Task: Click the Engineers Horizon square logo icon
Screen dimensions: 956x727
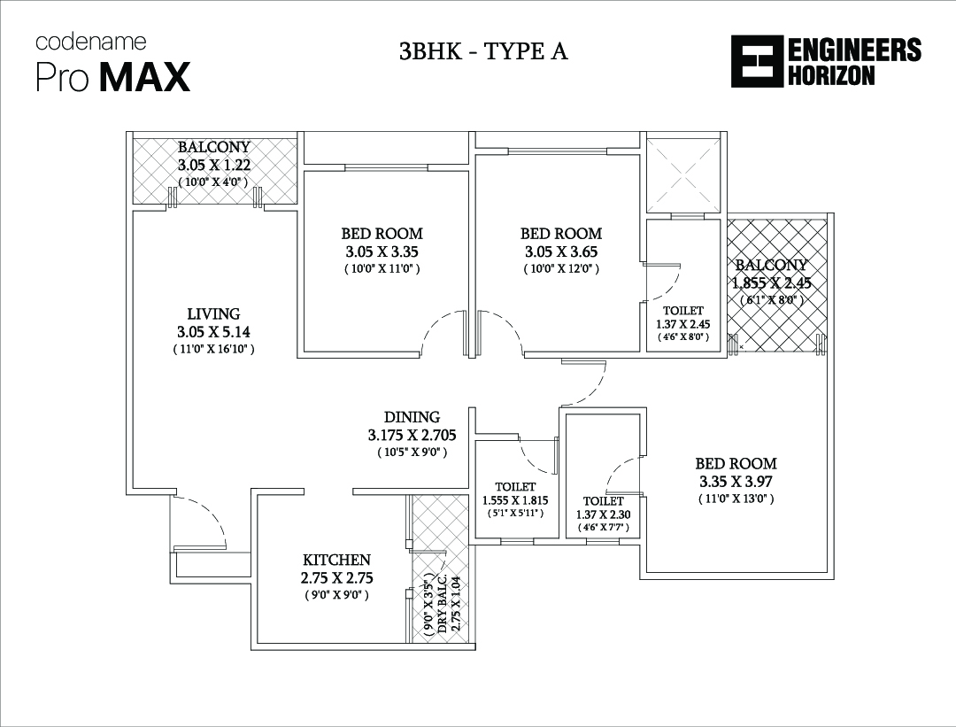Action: pos(757,62)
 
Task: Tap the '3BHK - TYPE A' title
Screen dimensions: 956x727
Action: pos(483,52)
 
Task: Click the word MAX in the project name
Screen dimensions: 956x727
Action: pos(144,77)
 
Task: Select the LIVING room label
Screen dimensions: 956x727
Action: pos(213,313)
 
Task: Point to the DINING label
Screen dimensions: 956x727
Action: pos(412,417)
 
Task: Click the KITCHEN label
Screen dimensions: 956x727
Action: pos(336,560)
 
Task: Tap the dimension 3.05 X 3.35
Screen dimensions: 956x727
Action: pos(382,251)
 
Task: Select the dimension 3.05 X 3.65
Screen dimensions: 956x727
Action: pos(561,251)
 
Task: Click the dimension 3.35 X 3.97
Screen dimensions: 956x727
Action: pos(736,481)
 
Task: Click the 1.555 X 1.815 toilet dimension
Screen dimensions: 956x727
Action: pos(515,500)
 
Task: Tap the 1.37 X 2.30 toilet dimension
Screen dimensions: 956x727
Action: pos(604,514)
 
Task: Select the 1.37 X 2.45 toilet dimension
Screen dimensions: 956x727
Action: pos(682,324)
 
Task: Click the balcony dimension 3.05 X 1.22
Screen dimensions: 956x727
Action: pos(214,165)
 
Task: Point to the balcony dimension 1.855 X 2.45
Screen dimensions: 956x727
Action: pos(771,283)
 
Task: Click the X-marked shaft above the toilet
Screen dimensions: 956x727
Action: pos(682,174)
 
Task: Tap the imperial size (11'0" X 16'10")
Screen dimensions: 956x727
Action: pos(213,350)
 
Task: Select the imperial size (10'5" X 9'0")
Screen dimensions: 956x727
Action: pos(412,452)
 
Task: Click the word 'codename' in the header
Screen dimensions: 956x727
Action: pos(91,43)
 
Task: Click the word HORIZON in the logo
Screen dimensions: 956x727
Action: pos(831,75)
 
